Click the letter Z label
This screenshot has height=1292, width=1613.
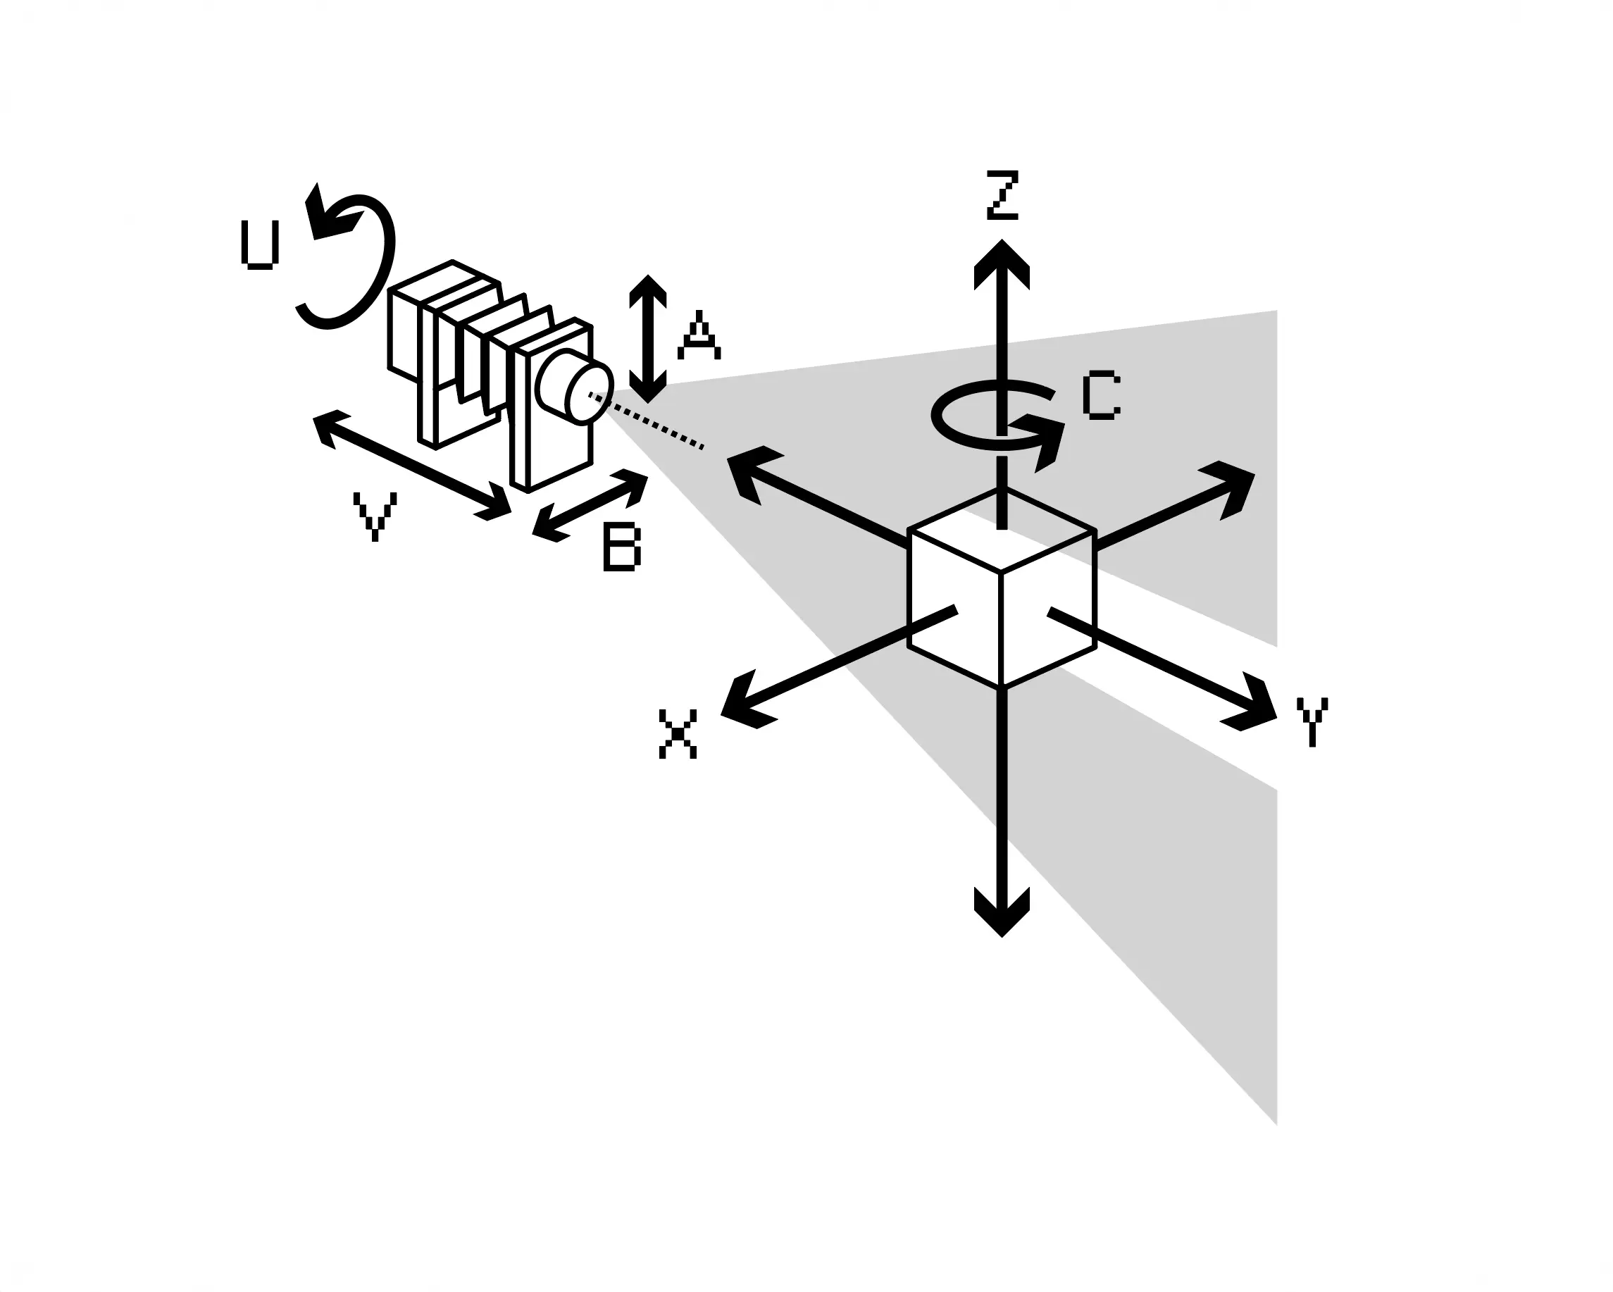(x=1002, y=196)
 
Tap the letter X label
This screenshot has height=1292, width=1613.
(x=678, y=734)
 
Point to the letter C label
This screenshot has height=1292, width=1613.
(x=1100, y=397)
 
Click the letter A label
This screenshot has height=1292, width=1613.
(x=699, y=337)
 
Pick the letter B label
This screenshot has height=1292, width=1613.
(x=622, y=548)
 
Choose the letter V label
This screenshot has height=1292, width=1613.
(x=374, y=516)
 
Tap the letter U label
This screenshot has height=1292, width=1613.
(x=260, y=244)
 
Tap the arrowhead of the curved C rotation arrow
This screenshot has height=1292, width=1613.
(x=1044, y=442)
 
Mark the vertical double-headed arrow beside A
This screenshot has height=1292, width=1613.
(x=648, y=339)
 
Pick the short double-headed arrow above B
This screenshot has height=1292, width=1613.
(x=590, y=505)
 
